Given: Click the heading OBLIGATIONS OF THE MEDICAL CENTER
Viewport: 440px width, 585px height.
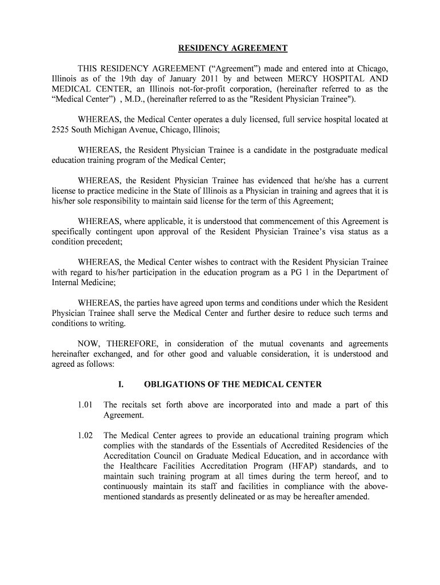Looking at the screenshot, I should point(233,384).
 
